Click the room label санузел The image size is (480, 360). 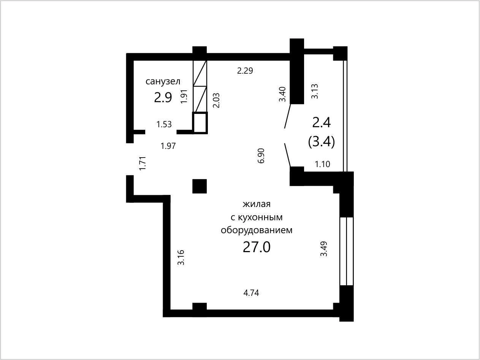[163, 81]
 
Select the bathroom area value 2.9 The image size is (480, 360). [163, 98]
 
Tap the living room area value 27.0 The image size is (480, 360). [257, 247]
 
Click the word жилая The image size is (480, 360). [257, 204]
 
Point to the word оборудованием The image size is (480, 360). [257, 230]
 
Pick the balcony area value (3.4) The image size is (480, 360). [322, 142]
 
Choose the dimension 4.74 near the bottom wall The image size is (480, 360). [251, 293]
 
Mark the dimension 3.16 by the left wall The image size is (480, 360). [181, 257]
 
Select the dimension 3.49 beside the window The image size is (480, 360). [324, 249]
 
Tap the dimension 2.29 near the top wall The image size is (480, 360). [245, 71]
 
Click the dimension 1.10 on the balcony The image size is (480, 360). [322, 164]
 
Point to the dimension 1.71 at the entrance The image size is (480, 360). [143, 163]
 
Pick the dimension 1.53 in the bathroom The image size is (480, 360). [164, 124]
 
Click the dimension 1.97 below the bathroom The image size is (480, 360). [168, 146]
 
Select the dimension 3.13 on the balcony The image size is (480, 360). [314, 91]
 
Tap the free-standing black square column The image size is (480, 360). [200, 186]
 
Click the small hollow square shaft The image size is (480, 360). [200, 123]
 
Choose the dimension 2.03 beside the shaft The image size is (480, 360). [216, 101]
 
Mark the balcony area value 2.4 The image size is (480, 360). [322, 123]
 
